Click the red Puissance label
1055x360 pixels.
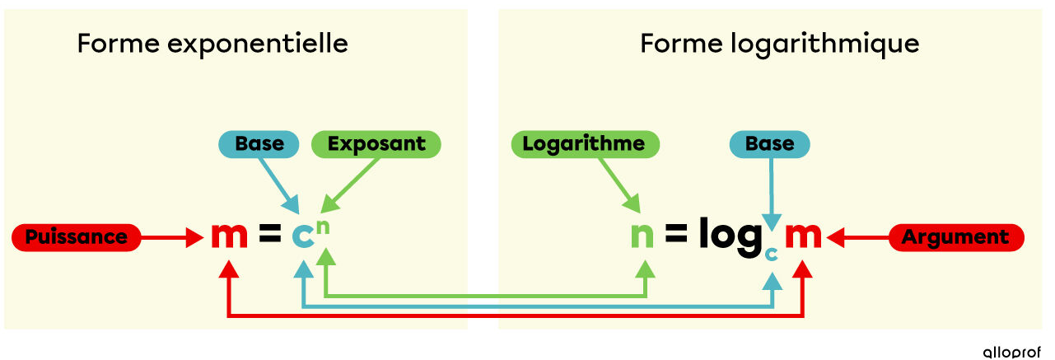coord(76,237)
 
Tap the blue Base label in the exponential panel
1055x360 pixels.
coord(259,144)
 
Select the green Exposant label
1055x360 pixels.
coord(376,144)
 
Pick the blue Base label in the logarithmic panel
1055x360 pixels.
coord(769,144)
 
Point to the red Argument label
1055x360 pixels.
coord(955,237)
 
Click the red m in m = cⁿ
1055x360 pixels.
coord(229,236)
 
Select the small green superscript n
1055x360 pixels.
coord(324,225)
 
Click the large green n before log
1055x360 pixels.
coord(642,236)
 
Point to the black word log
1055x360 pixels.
coord(728,237)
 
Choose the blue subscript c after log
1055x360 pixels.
coord(772,254)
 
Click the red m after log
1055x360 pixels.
coord(802,236)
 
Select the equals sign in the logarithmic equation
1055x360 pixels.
coord(676,237)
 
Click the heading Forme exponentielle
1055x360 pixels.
coord(212,44)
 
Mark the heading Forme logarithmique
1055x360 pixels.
coord(779,44)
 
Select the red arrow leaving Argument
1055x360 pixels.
coord(857,238)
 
